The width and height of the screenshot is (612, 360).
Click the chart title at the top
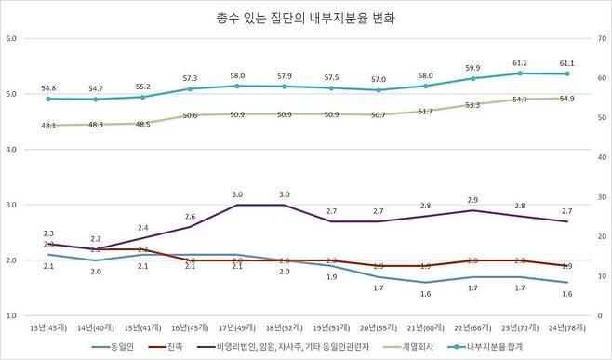(305, 18)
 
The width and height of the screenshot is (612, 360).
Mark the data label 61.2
(520, 62)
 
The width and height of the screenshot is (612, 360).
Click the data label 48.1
(48, 125)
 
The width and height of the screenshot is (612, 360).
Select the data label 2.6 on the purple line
(190, 216)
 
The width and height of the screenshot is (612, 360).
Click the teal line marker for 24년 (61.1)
(567, 73)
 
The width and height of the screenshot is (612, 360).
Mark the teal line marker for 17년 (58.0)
(237, 86)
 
